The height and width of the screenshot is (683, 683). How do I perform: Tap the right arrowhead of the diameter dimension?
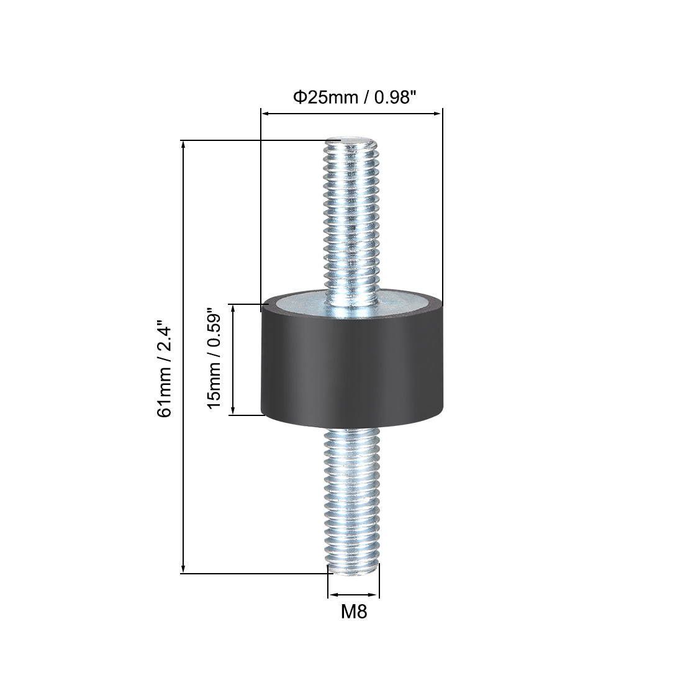tap(438, 114)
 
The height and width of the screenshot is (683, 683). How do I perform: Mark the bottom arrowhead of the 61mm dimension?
tap(183, 569)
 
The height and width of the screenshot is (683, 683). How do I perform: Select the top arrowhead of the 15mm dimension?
tap(233, 308)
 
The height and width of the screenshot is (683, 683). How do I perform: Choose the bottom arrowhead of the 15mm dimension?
tap(233, 410)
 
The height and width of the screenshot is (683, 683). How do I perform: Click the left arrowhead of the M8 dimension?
tap(332, 592)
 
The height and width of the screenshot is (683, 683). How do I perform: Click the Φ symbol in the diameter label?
tap(298, 97)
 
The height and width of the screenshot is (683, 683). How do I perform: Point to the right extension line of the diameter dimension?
tap(442, 205)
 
